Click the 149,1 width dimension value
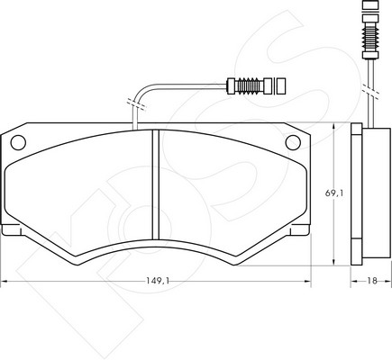tap(158, 281)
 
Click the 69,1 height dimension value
tap(334, 193)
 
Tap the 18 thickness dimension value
tap(372, 281)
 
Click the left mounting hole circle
tap(18, 142)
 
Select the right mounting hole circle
tap(293, 142)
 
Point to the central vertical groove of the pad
tap(155, 184)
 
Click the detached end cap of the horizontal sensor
tap(280, 86)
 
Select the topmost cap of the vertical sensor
tap(369, 5)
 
